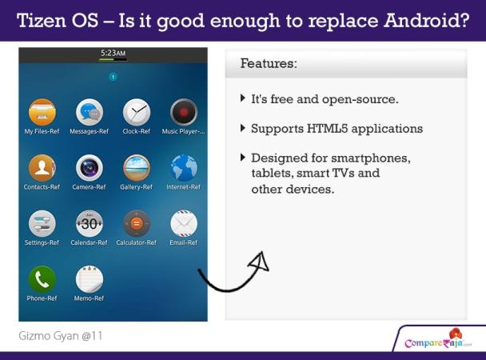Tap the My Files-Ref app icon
pos(42,112)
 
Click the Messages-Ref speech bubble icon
pos(90,112)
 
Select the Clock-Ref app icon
pos(137,112)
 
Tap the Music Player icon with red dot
pos(184,112)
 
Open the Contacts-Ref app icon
pos(42,168)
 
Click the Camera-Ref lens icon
pos(90,168)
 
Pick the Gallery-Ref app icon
pos(137,168)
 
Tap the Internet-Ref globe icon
pos(184,168)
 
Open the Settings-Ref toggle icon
pos(42,223)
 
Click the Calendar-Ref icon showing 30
pos(90,223)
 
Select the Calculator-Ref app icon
pos(137,223)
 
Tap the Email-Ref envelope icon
pos(184,223)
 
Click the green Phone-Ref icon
pos(42,279)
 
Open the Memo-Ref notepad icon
pos(90,279)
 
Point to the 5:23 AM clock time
pos(114,53)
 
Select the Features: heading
pos(269,63)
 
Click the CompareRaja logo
pos(438,339)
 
